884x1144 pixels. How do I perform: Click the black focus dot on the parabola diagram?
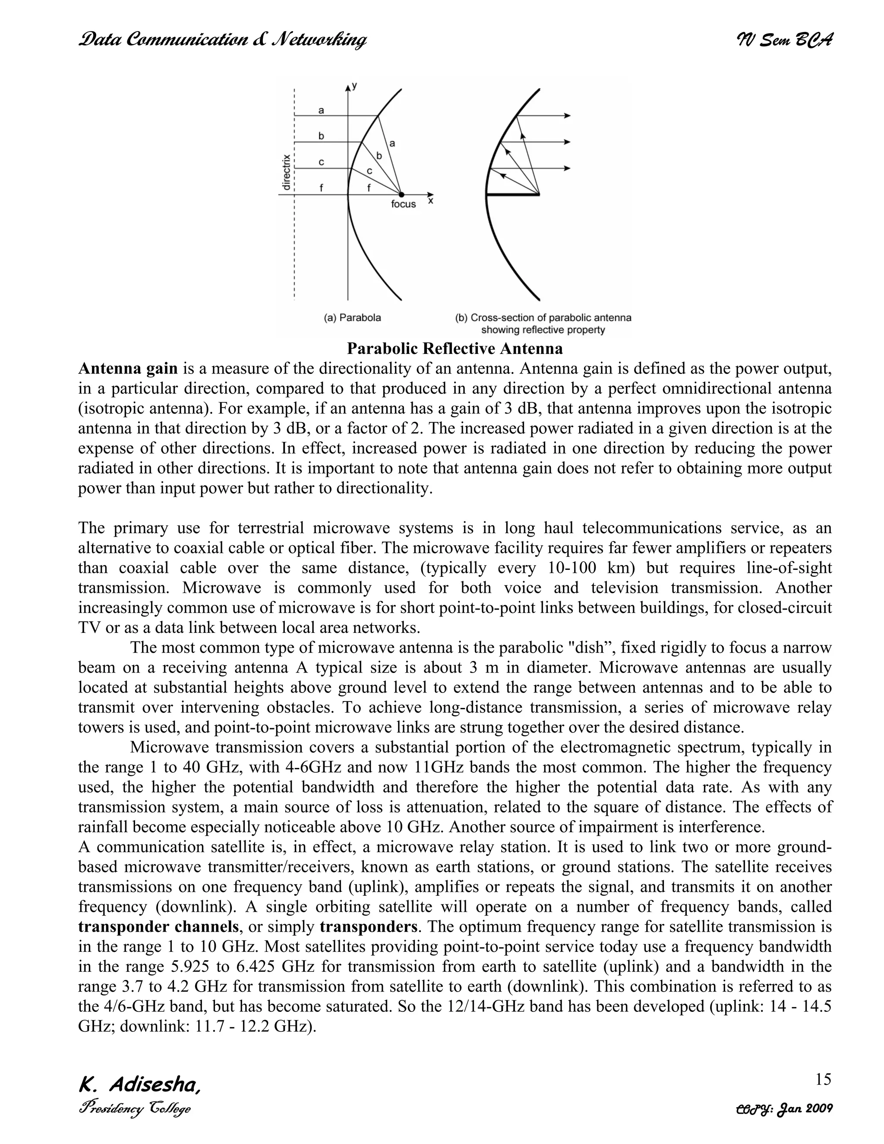tap(401, 194)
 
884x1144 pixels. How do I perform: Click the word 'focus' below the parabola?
tap(403, 204)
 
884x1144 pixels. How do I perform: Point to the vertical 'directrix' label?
tap(286, 172)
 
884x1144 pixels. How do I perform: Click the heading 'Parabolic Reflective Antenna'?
tap(455, 348)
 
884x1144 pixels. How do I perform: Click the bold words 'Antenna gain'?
tap(128, 369)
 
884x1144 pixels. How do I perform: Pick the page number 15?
tap(823, 1065)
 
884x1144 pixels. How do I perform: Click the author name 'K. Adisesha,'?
tap(139, 1085)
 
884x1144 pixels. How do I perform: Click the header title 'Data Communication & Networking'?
tap(222, 40)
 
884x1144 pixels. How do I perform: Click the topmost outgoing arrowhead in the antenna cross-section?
tap(567, 115)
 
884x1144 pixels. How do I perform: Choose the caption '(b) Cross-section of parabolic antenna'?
tap(543, 317)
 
